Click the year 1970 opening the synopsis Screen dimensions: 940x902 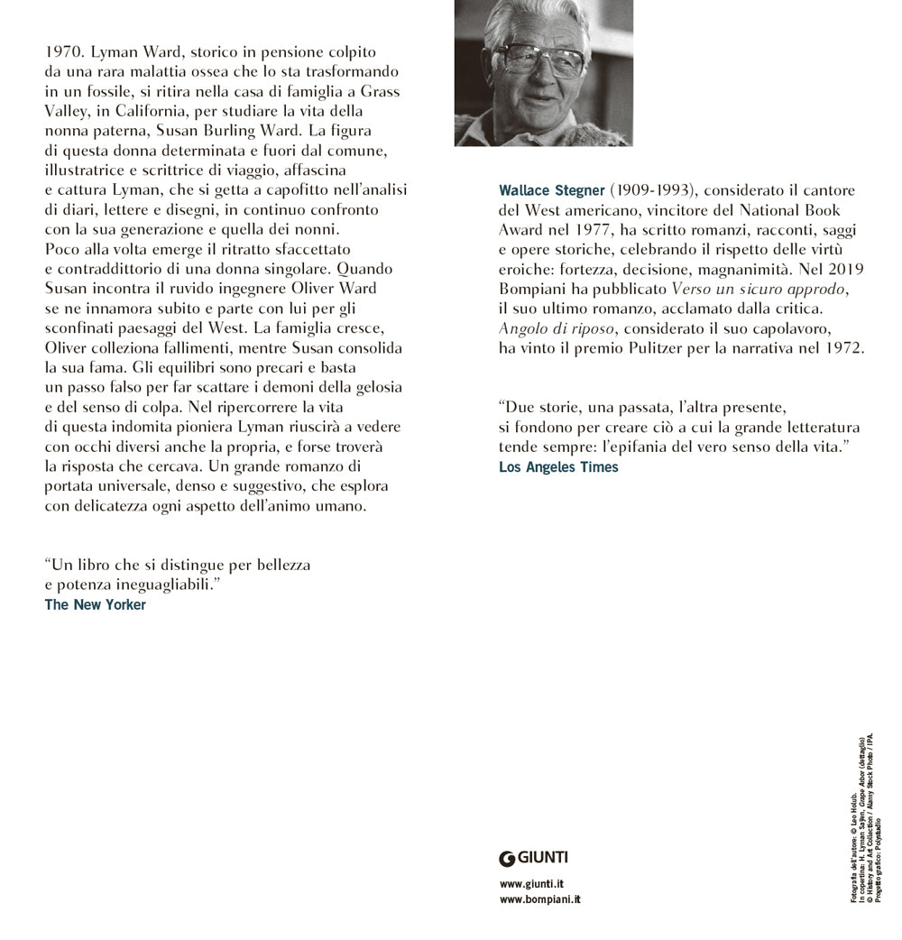pos(63,51)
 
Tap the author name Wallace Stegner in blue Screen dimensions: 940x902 pos(551,191)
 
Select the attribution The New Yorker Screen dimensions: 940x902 pos(95,604)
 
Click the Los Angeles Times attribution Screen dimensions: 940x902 pos(558,466)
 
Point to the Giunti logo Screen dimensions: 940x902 pos(533,857)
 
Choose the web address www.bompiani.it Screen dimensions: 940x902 pos(539,900)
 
